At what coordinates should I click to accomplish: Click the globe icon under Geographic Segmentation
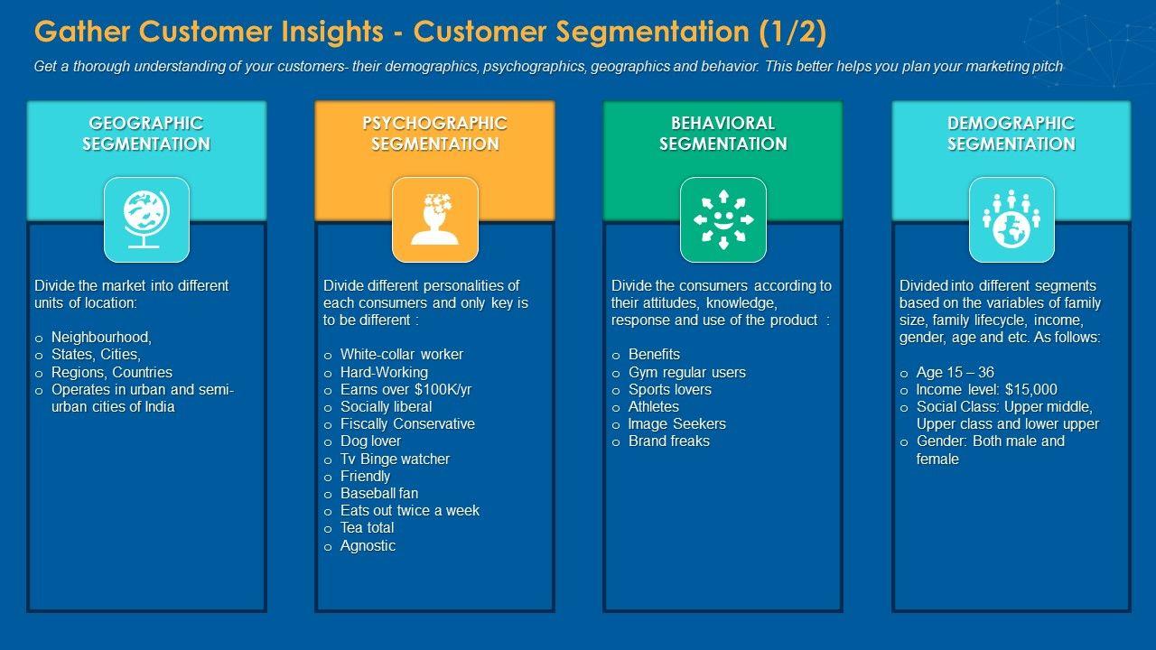pyautogui.click(x=146, y=219)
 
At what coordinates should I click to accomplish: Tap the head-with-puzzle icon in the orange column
pyautogui.click(x=434, y=219)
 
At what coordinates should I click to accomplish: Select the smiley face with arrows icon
pyautogui.click(x=722, y=219)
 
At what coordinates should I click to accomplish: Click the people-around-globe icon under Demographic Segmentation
pyautogui.click(x=1011, y=219)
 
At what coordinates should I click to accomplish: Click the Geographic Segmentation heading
pyautogui.click(x=146, y=134)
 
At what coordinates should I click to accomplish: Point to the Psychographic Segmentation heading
pyautogui.click(x=434, y=134)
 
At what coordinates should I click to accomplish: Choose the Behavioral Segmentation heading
pyautogui.click(x=722, y=134)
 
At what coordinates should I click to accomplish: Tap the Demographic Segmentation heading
pyautogui.click(x=1011, y=134)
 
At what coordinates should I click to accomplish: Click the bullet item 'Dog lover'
pyautogui.click(x=370, y=441)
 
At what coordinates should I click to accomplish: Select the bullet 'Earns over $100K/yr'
pyautogui.click(x=406, y=390)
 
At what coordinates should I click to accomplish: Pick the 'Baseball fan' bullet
pyautogui.click(x=378, y=494)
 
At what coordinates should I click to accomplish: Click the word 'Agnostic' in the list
pyautogui.click(x=368, y=546)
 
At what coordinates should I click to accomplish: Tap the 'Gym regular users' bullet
pyautogui.click(x=686, y=373)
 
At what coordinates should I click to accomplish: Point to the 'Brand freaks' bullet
pyautogui.click(x=668, y=441)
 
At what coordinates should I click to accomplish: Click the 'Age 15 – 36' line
pyautogui.click(x=955, y=373)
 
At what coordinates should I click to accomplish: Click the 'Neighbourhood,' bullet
pyautogui.click(x=101, y=338)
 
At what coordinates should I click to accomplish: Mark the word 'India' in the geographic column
pyautogui.click(x=158, y=407)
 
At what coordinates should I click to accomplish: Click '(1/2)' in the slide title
pyautogui.click(x=792, y=32)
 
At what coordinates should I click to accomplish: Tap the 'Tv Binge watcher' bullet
pyautogui.click(x=395, y=460)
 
